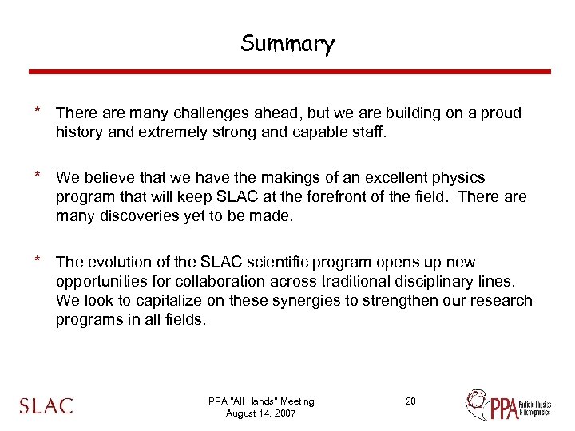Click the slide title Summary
287,43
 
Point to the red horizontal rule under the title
289,72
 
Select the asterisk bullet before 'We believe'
37,174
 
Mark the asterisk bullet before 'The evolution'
37,259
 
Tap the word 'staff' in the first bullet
365,132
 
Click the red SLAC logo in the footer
46,405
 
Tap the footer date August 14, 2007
261,413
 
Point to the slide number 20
410,401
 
